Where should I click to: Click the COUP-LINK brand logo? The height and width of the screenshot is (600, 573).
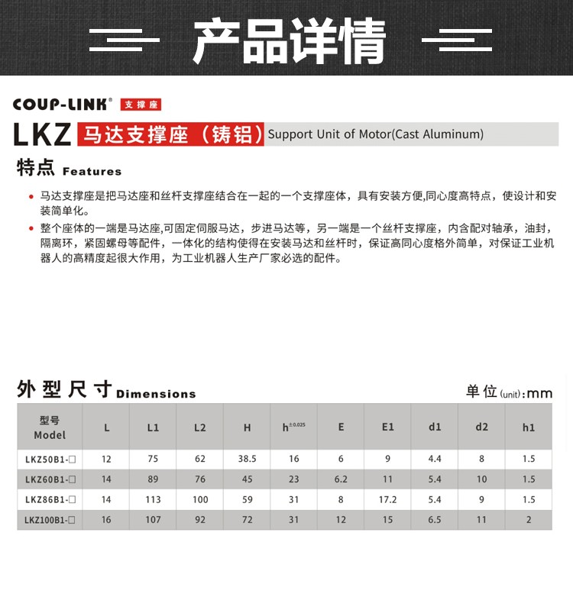(63, 105)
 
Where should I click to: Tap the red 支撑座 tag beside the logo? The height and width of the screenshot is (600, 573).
(141, 105)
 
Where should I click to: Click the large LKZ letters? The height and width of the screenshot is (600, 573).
(43, 134)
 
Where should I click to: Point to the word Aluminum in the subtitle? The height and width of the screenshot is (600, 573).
(452, 134)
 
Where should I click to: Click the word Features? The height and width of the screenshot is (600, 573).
(92, 171)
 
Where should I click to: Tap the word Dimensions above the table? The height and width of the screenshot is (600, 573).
(156, 394)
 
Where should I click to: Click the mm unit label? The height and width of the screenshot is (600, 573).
(539, 393)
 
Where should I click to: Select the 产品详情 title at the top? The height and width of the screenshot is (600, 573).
(289, 40)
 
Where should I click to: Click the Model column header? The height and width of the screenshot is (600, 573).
(50, 427)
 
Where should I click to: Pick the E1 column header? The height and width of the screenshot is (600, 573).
(388, 427)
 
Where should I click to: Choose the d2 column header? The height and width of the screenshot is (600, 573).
(481, 427)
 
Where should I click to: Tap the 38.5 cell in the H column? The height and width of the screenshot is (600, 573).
(247, 460)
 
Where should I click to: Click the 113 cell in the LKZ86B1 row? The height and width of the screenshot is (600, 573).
(153, 500)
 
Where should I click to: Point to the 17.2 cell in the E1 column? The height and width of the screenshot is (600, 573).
(388, 500)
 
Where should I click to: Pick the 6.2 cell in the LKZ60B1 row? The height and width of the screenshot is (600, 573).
(341, 479)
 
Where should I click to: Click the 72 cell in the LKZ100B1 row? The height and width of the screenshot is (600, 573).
(247, 520)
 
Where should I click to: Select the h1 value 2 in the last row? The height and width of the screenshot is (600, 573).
(529, 520)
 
